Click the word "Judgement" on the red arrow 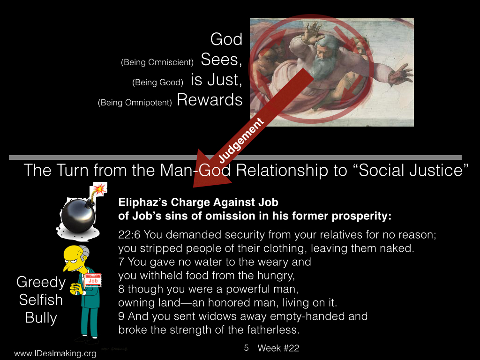click(x=241, y=141)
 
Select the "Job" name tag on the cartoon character click(x=93, y=280)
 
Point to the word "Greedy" click(x=41, y=282)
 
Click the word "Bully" click(x=41, y=317)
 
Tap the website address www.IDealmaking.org click(x=55, y=353)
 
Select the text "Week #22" click(x=278, y=348)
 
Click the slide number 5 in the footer click(x=247, y=348)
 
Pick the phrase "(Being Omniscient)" click(x=157, y=62)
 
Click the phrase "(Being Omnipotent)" click(x=135, y=102)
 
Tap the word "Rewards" click(x=210, y=100)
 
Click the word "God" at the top click(x=226, y=39)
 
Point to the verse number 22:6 click(x=129, y=235)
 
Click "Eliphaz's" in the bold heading click(x=143, y=202)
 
